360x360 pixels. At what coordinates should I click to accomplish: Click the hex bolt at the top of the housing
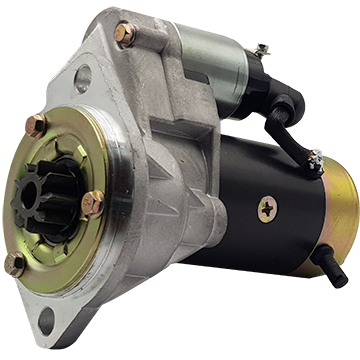click(x=126, y=35)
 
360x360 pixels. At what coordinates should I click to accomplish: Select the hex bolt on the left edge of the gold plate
click(x=35, y=126)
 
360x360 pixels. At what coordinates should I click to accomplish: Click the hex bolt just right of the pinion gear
click(x=92, y=204)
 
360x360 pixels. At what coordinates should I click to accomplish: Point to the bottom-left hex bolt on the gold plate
click(x=15, y=264)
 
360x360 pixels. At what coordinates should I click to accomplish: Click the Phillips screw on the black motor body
click(x=268, y=208)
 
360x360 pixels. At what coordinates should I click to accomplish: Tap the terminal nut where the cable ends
click(x=314, y=162)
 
